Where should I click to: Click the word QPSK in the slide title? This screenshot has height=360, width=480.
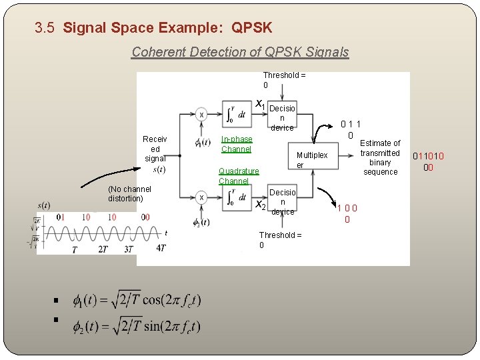[x=251, y=28]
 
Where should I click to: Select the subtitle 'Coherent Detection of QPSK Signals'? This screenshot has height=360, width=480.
[x=240, y=51]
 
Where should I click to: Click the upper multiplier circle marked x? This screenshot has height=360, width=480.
[x=201, y=115]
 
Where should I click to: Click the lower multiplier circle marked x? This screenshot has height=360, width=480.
[x=201, y=197]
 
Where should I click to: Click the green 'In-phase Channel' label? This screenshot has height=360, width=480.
[x=237, y=144]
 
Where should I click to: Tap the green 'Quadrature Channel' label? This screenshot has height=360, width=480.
[x=238, y=176]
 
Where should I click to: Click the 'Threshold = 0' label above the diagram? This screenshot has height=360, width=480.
[x=283, y=80]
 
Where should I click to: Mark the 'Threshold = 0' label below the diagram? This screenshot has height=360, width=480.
[x=280, y=240]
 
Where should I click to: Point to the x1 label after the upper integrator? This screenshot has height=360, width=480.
[x=261, y=104]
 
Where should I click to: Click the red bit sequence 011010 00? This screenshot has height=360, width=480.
[x=428, y=162]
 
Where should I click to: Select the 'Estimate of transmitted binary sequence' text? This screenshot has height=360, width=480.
[x=380, y=157]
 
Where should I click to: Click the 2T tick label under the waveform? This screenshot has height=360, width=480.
[x=103, y=249]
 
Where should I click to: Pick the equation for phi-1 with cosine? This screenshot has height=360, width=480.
[x=136, y=301]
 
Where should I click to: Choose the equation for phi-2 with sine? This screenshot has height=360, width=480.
[x=136, y=326]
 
